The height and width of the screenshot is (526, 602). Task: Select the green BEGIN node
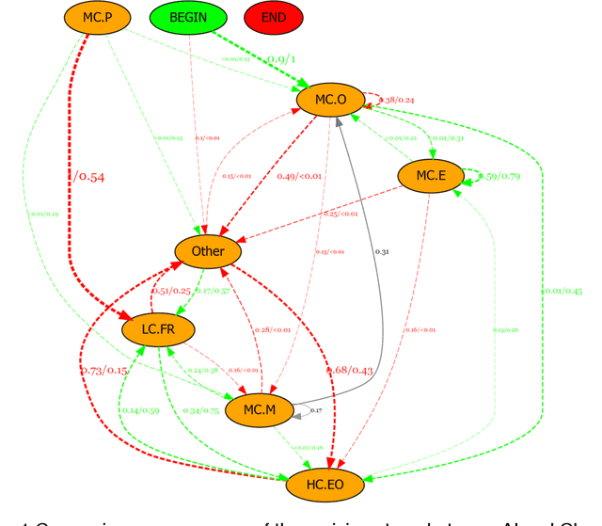pos(188,17)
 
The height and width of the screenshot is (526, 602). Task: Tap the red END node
pos(274,17)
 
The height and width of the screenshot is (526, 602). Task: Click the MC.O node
pos(330,99)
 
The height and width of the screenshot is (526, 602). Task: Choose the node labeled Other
pos(208,251)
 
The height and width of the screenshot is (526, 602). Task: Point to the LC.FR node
pos(158,328)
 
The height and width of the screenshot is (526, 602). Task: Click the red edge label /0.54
pos(89,177)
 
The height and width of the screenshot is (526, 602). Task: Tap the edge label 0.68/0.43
pos(349,371)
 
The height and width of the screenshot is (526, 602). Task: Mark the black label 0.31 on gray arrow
pos(381,251)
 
